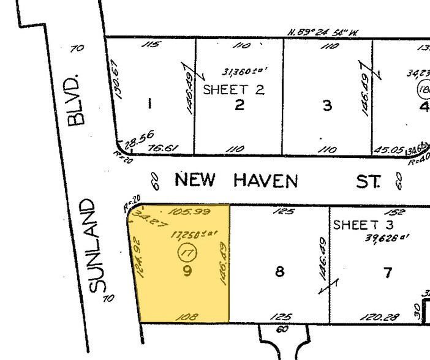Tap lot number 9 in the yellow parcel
(186, 270)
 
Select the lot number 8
(279, 271)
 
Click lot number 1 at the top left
(149, 104)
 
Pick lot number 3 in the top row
(327, 105)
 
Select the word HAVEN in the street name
(265, 181)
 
